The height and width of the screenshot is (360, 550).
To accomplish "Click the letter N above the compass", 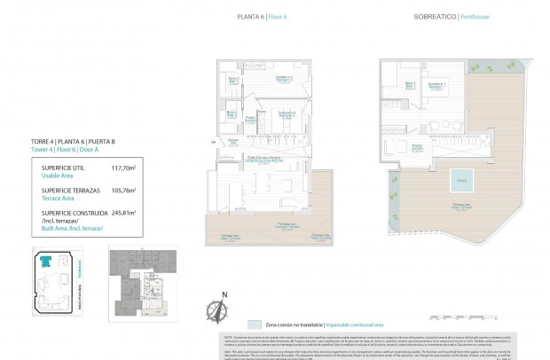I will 224,294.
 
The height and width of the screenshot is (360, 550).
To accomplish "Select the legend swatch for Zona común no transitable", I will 255,325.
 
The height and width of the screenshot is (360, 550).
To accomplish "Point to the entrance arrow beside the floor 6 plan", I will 211,141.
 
